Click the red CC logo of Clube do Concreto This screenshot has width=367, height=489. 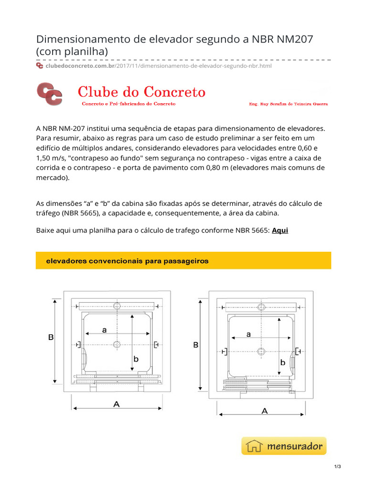pyautogui.click(x=49, y=94)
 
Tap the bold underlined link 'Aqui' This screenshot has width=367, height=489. pyautogui.click(x=280, y=230)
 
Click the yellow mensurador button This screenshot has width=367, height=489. pyautogui.click(x=284, y=446)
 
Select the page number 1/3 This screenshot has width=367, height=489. pyautogui.click(x=337, y=480)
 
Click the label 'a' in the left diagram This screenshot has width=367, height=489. pyautogui.click(x=104, y=330)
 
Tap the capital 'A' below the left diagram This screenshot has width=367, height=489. pyautogui.click(x=116, y=404)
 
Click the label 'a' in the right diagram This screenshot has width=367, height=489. pyautogui.click(x=248, y=335)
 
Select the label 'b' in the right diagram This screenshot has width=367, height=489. pyautogui.click(x=282, y=362)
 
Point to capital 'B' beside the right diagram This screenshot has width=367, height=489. pyautogui.click(x=195, y=344)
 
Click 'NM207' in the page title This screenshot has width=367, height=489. pyautogui.click(x=290, y=39)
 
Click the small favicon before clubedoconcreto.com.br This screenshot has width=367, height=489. pyautogui.click(x=40, y=65)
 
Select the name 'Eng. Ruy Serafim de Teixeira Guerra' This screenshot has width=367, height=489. pyautogui.click(x=289, y=104)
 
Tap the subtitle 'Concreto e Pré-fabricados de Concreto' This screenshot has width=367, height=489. pyautogui.click(x=129, y=104)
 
